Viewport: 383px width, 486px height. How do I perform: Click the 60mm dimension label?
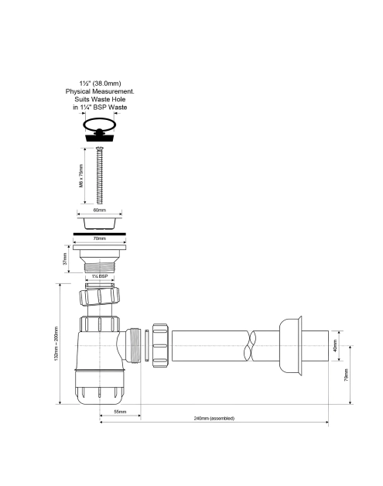pyautogui.click(x=100, y=210)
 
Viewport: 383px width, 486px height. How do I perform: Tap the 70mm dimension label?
pyautogui.click(x=100, y=238)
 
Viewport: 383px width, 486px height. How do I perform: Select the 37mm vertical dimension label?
pyautogui.click(x=65, y=258)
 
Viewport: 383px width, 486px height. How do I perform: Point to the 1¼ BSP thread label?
pyautogui.click(x=100, y=276)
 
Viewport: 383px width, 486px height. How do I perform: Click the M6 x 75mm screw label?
pyautogui.click(x=81, y=176)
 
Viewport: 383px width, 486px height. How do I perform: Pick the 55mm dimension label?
pyautogui.click(x=120, y=412)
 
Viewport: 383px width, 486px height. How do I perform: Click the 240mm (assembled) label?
pyautogui.click(x=214, y=418)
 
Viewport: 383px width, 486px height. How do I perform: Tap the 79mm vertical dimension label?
pyautogui.click(x=346, y=375)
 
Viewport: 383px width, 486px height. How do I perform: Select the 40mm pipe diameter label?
pyautogui.click(x=334, y=346)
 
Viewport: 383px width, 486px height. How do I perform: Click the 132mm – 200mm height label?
pyautogui.click(x=56, y=344)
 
